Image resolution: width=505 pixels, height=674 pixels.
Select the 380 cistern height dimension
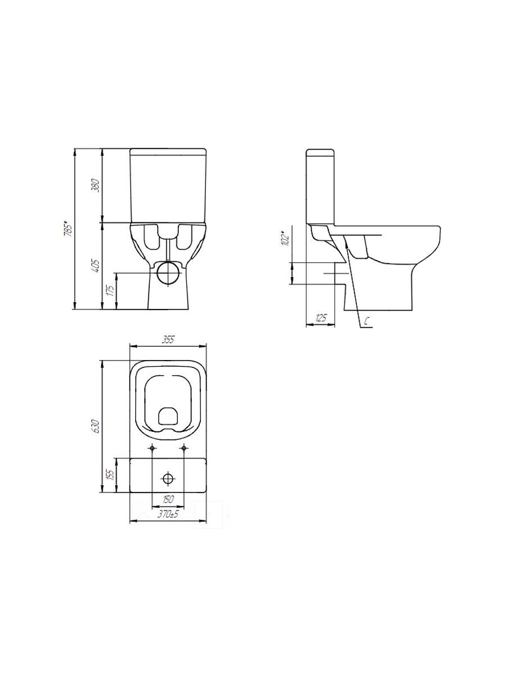[x=97, y=185]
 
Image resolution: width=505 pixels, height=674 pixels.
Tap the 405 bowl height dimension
[x=96, y=267]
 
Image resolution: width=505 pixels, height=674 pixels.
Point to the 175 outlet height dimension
[x=111, y=290]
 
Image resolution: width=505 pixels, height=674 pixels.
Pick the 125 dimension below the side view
[x=321, y=318]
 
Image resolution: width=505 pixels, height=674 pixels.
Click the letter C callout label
[x=367, y=321]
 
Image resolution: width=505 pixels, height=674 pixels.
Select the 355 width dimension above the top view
[x=168, y=340]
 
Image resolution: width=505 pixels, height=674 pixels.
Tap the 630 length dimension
[x=96, y=426]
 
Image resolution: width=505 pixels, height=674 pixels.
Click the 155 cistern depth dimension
[x=111, y=475]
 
